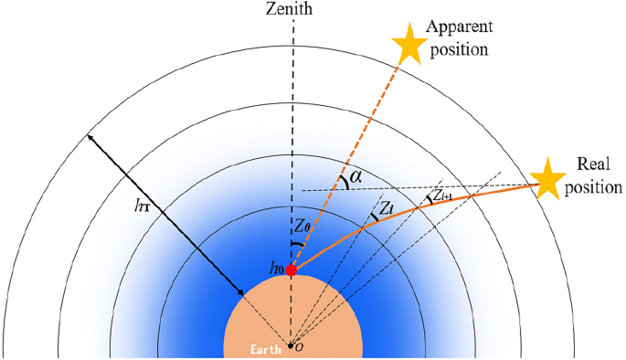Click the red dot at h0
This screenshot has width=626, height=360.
tap(292, 270)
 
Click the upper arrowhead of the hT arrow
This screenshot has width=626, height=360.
tap(90, 138)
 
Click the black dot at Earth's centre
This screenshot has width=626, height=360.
tap(292, 345)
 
